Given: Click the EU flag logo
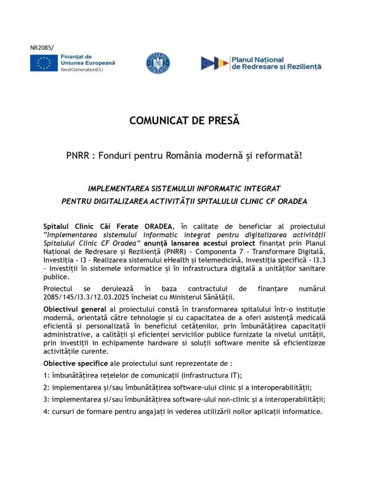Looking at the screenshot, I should [x=44, y=63].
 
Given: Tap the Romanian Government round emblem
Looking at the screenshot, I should [x=158, y=63].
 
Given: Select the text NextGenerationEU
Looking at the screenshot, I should [x=82, y=70].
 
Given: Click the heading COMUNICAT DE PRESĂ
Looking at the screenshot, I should [x=184, y=121].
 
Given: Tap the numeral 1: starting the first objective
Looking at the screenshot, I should [x=46, y=375].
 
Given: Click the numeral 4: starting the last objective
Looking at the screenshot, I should [x=46, y=412].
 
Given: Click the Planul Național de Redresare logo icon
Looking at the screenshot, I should [x=215, y=63].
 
